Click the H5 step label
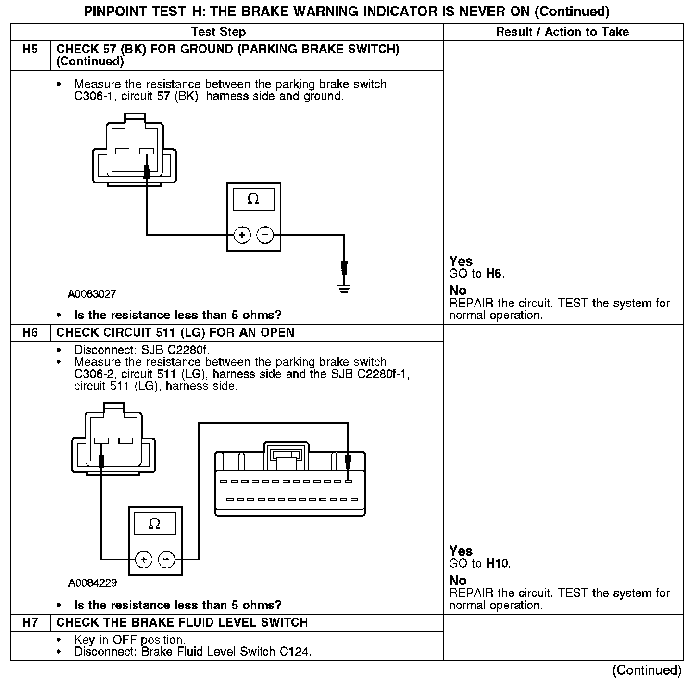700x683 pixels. (x=30, y=50)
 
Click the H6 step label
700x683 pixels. (x=30, y=333)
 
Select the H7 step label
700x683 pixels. (x=30, y=622)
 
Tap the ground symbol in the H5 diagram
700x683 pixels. (x=344, y=289)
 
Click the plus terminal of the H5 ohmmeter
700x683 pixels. (x=242, y=235)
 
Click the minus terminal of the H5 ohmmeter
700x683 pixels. (x=265, y=235)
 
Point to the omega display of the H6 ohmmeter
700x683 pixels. (x=155, y=524)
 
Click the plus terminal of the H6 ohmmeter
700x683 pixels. (x=143, y=559)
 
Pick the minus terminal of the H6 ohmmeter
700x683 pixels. (x=166, y=559)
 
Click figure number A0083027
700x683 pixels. (x=92, y=294)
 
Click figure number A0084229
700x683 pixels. (x=92, y=583)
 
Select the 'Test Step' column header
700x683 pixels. (x=218, y=32)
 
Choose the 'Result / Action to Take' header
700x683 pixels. (x=562, y=32)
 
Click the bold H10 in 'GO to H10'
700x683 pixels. (x=498, y=563)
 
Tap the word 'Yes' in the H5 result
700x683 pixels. (x=461, y=261)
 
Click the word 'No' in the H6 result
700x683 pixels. (x=458, y=580)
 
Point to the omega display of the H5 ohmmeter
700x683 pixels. (x=253, y=199)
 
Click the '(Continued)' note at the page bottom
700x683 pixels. (x=647, y=670)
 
